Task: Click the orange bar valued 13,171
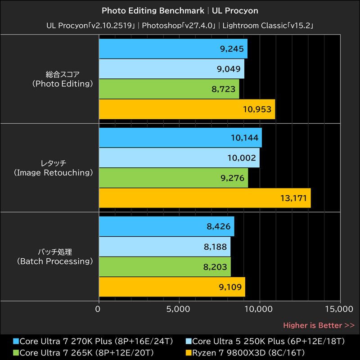point(205,198)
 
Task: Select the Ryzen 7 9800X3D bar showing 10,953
point(187,109)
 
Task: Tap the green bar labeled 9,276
point(173,178)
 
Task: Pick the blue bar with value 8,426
point(166,226)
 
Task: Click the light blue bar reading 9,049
point(171,69)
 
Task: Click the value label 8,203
point(216,267)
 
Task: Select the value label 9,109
point(230,287)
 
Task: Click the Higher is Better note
point(319,325)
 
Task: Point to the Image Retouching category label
point(53,172)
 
